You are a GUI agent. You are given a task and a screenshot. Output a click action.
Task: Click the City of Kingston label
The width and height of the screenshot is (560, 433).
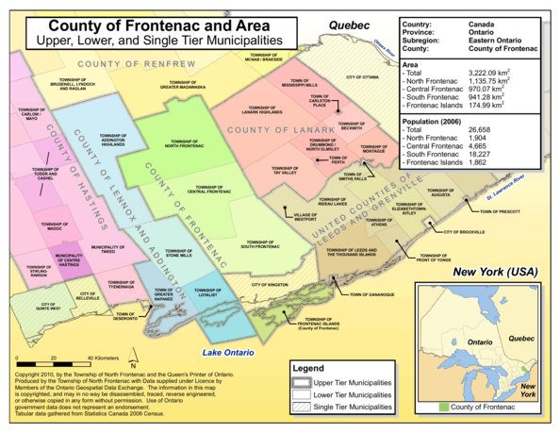(270, 283)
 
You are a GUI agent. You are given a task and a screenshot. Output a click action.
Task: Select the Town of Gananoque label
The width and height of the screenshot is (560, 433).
(370, 294)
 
